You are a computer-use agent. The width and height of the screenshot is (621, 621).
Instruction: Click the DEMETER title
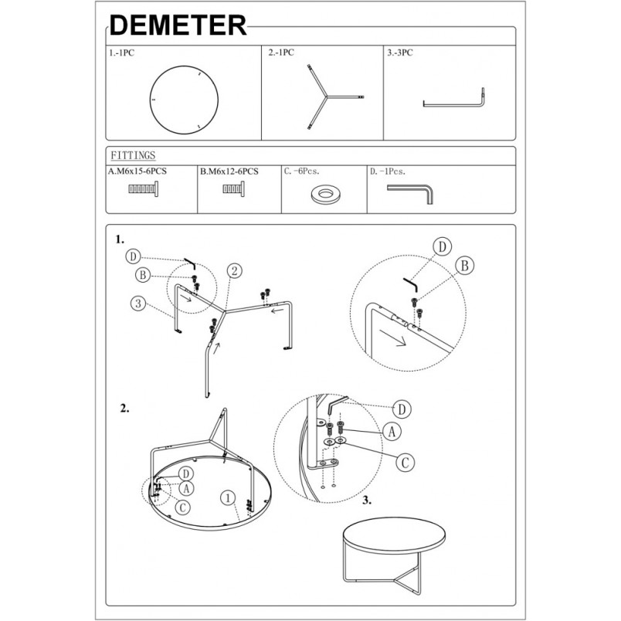[x=178, y=25]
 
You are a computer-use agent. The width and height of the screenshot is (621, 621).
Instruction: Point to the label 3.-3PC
[x=399, y=53]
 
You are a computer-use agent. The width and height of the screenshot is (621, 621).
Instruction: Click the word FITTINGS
[x=133, y=155]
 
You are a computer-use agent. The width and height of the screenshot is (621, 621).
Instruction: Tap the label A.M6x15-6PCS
[x=137, y=171]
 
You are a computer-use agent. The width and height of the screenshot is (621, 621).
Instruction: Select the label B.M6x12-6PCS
[x=229, y=171]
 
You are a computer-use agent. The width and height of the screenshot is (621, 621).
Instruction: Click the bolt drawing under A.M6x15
[x=144, y=189]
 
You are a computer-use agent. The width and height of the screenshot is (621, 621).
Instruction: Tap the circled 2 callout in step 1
[x=235, y=271]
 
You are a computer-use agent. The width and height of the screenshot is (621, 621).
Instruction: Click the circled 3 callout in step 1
[x=138, y=304]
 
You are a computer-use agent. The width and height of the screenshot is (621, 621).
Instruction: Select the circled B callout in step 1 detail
[x=464, y=266]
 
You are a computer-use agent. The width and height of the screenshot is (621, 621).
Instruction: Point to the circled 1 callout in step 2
[x=228, y=498]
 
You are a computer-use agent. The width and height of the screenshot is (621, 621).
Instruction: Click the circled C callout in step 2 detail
[x=406, y=462]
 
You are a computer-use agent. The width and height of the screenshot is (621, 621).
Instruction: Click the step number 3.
[x=367, y=501]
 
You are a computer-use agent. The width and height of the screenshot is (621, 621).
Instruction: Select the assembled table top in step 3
[x=394, y=537]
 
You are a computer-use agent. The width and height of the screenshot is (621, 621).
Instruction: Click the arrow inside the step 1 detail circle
[x=392, y=338]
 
